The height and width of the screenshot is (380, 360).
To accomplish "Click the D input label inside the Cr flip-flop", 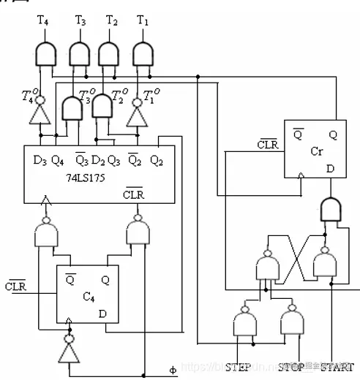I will click(330, 169).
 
